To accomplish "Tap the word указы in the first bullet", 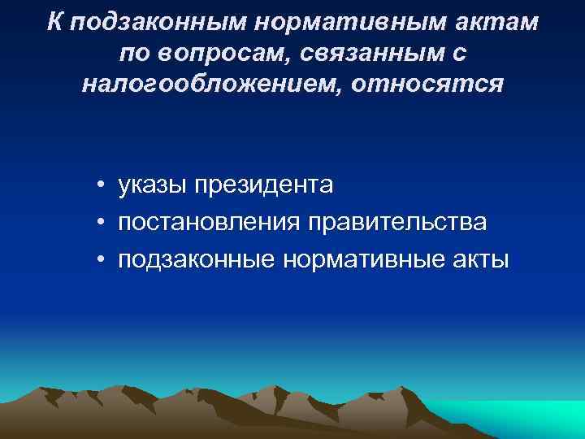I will click(152, 186).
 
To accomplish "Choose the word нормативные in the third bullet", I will click(364, 259).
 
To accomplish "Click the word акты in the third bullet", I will click(483, 259).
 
